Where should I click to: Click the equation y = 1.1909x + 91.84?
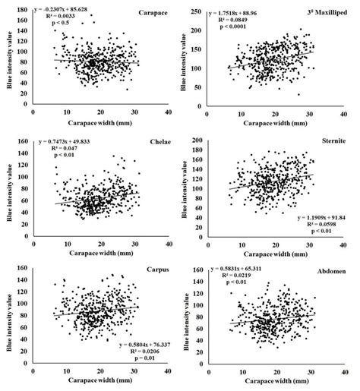point(316,216)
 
